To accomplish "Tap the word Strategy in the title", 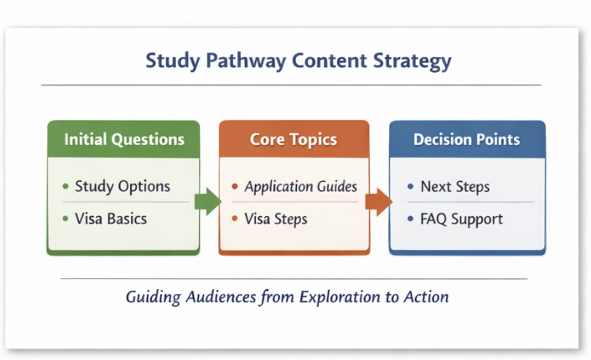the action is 412,61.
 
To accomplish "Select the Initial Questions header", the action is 124,139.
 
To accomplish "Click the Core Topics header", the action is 293,140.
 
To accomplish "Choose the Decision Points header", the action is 467,139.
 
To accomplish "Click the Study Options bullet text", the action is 122,186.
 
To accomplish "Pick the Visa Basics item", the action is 111,219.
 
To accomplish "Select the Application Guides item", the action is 301,186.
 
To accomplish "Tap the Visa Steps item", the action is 276,219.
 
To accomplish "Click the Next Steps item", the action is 455,187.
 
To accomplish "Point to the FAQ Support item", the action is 462,219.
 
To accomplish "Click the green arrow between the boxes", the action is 208,202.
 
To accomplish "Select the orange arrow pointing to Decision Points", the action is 379,202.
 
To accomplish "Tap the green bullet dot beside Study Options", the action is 65,186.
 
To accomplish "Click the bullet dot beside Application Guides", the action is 235,186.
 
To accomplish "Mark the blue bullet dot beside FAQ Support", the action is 411,218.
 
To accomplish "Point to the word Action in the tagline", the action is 427,297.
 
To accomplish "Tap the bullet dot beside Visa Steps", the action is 235,218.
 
